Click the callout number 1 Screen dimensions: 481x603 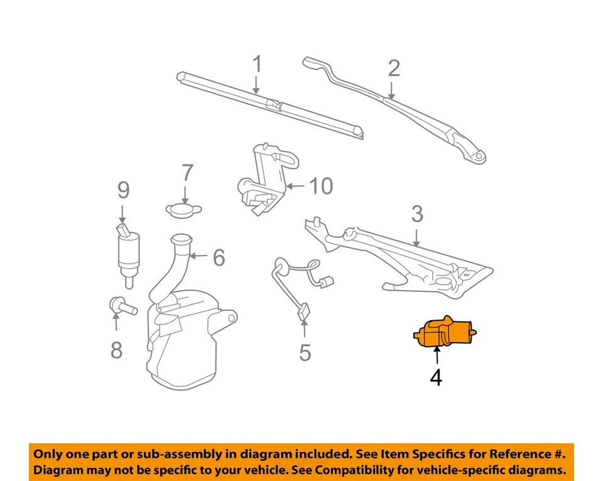[256, 65]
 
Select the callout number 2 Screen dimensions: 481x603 [394, 67]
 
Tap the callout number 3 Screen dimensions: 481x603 [417, 215]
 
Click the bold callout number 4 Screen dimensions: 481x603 [436, 378]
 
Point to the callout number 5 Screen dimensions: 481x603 [305, 353]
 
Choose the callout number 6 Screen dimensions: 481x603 [218, 257]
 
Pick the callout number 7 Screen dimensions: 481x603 [187, 173]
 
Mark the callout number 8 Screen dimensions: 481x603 [116, 350]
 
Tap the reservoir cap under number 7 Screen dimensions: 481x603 [182, 208]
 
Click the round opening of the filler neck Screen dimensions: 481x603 [181, 239]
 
